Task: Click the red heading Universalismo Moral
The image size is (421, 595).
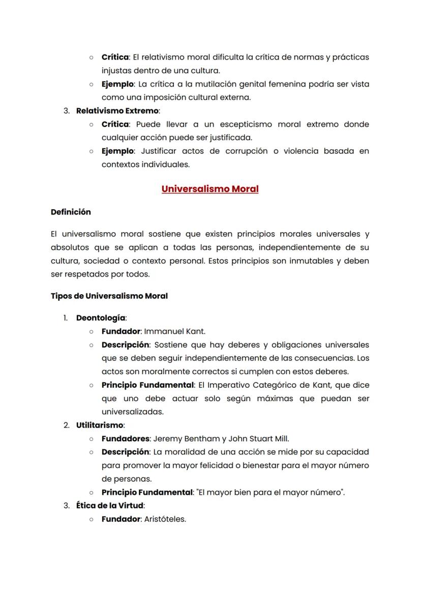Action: coord(210,189)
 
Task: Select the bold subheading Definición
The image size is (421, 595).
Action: coord(71,212)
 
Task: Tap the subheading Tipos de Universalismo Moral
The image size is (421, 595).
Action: coord(109,296)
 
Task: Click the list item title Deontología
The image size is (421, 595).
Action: coord(101,318)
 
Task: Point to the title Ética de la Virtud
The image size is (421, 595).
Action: coord(110,505)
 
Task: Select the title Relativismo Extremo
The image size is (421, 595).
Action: coord(117,110)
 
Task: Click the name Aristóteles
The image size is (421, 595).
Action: coord(165,519)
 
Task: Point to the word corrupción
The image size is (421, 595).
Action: coord(246,151)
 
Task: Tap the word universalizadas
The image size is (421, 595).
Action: coord(132,412)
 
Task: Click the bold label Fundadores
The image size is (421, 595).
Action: coord(125,438)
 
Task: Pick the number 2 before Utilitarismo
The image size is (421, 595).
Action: coord(66,425)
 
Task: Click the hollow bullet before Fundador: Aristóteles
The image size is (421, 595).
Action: coord(91,519)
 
